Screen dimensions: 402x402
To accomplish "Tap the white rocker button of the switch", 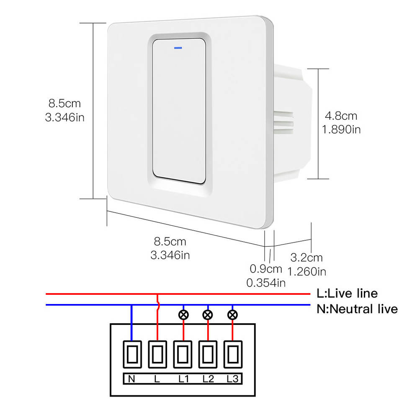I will [x=179, y=111].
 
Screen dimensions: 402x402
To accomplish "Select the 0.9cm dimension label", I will [x=266, y=269].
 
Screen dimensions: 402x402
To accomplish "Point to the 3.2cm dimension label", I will [x=307, y=258].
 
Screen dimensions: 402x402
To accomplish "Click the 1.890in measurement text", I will [x=341, y=129].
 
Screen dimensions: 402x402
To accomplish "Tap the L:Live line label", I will [x=347, y=294].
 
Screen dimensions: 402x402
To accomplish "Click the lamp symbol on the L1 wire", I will [x=183, y=315].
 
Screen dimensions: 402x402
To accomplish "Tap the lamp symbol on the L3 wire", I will [x=232, y=315].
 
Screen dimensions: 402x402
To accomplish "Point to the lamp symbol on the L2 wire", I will [x=208, y=315].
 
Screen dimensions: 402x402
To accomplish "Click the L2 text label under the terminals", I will [x=208, y=379].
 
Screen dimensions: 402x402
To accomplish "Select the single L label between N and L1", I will [x=157, y=379].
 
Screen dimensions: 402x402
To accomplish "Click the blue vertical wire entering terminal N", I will [x=132, y=322].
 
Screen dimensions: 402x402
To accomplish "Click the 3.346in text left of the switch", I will [x=65, y=117].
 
